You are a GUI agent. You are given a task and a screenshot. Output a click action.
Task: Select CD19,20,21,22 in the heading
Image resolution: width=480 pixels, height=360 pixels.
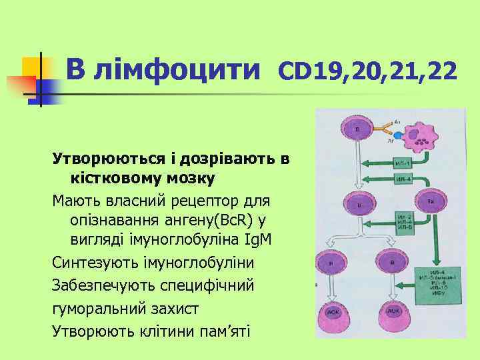(x=367, y=69)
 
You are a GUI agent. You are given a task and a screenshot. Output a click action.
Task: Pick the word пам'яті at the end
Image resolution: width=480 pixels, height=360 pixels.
(x=220, y=331)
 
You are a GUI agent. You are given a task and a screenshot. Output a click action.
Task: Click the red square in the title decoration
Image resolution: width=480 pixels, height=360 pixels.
(x=21, y=87)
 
